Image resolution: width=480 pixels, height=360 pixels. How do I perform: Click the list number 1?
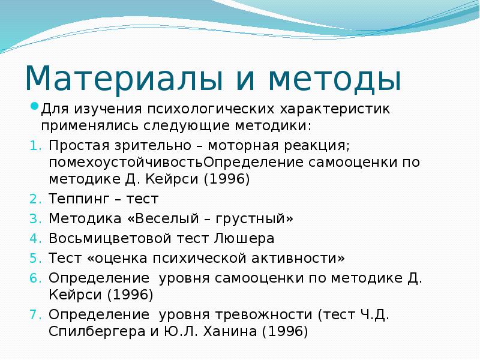click(34, 146)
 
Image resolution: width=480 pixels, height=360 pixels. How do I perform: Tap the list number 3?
click(34, 218)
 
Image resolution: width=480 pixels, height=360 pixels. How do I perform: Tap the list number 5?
click(34, 258)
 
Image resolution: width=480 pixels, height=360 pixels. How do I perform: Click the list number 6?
click(34, 278)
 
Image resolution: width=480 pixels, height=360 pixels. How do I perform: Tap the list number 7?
click(34, 314)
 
